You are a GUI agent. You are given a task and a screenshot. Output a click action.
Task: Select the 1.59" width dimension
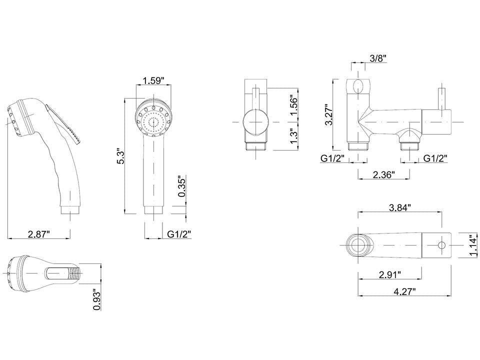153,80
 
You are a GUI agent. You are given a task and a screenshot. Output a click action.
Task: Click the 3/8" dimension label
377,58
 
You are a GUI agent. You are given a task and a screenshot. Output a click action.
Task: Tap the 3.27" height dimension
328,116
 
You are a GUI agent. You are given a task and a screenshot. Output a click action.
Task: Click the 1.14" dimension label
473,246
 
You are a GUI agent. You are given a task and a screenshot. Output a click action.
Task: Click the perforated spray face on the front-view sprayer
154,122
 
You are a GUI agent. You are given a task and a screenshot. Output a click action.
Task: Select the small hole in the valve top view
441,245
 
